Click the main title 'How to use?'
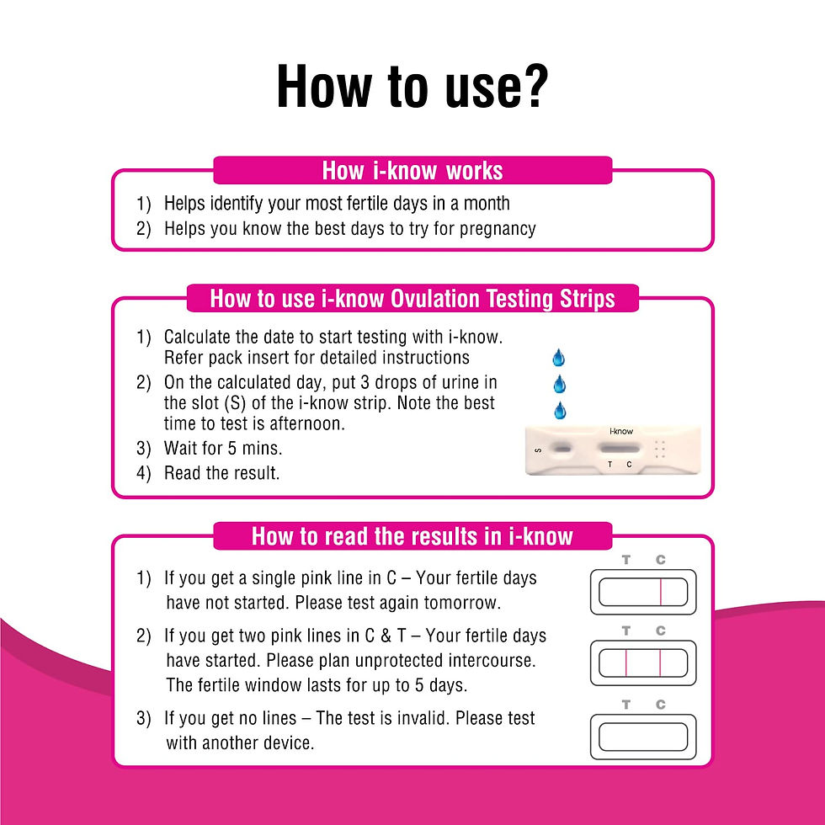pyautogui.click(x=412, y=87)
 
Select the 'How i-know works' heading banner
pyautogui.click(x=412, y=171)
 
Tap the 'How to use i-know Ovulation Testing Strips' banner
pyautogui.click(x=412, y=299)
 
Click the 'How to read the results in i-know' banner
pyautogui.click(x=412, y=536)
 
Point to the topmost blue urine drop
pyautogui.click(x=558, y=358)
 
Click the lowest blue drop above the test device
pyautogui.click(x=558, y=412)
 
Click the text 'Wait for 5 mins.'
pyautogui.click(x=221, y=448)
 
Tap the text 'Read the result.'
pyautogui.click(x=221, y=473)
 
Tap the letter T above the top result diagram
pyautogui.click(x=626, y=560)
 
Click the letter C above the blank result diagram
pyautogui.click(x=661, y=705)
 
